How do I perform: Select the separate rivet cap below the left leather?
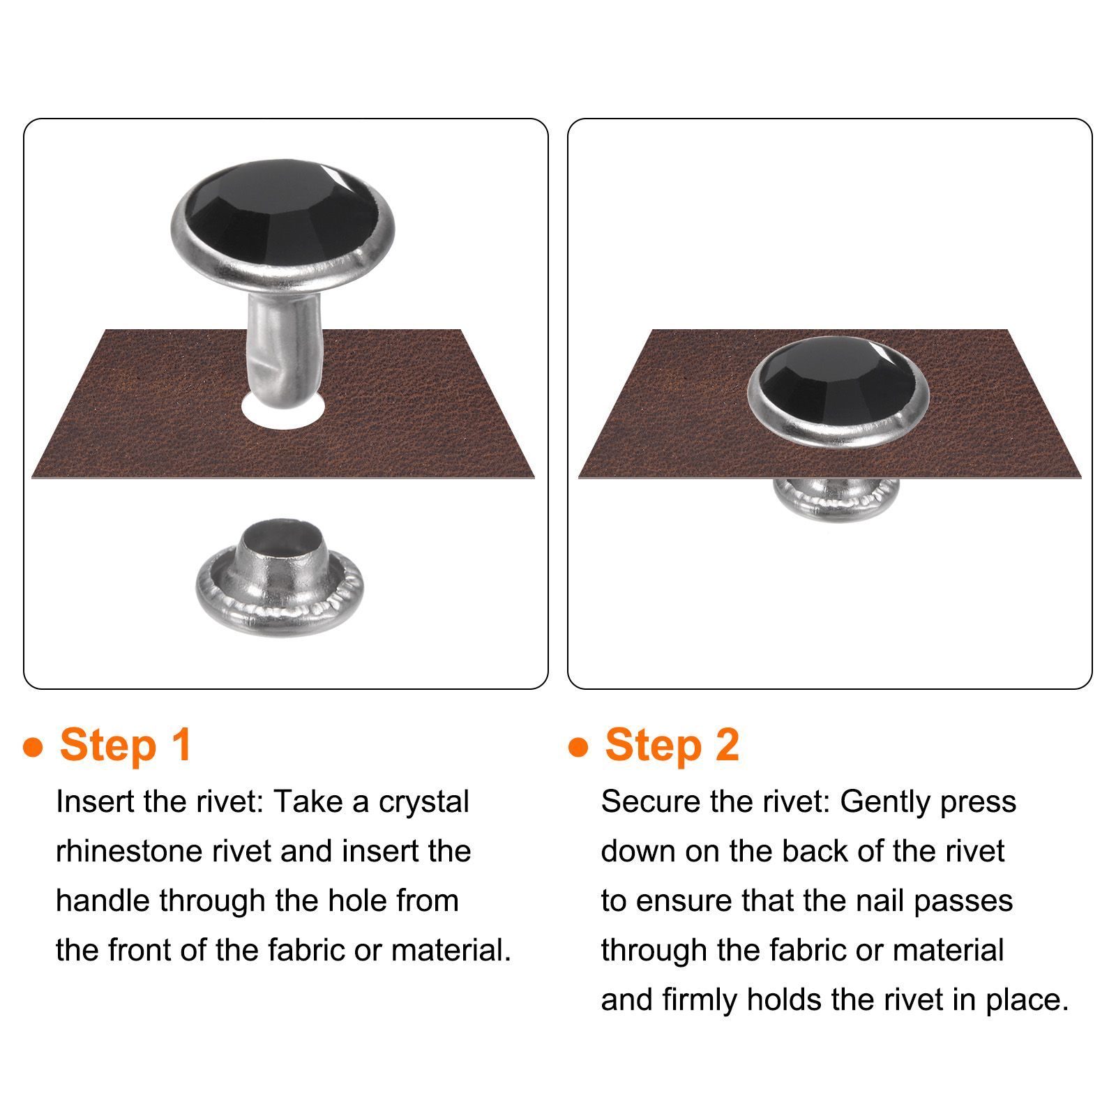[280, 578]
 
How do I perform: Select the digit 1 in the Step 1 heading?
[181, 744]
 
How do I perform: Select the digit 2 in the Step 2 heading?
[727, 744]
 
